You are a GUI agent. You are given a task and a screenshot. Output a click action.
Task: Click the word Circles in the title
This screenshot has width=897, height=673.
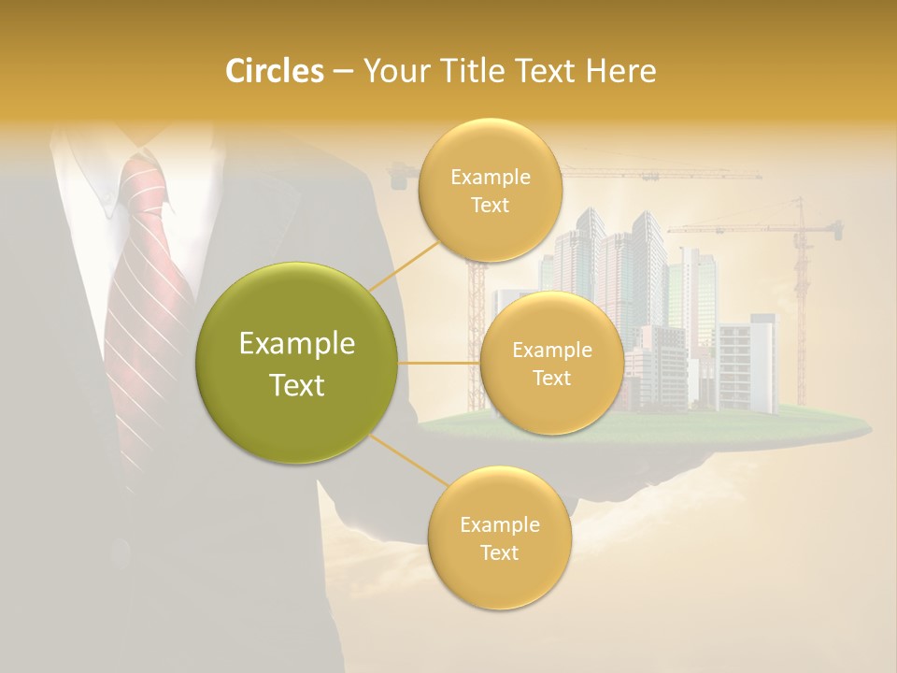(274, 70)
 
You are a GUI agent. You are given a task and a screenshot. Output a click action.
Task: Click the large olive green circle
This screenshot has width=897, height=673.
(297, 364)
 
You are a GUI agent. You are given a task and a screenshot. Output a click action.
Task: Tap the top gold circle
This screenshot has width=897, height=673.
(490, 191)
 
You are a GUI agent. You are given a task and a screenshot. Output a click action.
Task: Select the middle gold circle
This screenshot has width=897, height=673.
(551, 364)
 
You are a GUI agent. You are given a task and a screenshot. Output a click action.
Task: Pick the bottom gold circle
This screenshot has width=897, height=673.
(499, 537)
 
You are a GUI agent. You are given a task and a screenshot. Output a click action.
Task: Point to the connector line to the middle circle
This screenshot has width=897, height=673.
(439, 363)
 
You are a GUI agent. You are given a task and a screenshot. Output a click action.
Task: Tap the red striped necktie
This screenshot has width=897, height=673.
(145, 308)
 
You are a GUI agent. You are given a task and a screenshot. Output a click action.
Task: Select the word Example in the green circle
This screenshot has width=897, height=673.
(297, 344)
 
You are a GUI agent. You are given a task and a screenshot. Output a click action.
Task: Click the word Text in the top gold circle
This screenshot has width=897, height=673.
(490, 206)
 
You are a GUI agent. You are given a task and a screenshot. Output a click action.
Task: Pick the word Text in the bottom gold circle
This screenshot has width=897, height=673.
(499, 552)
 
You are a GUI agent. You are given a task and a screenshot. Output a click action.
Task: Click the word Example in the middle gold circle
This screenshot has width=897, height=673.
(551, 351)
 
